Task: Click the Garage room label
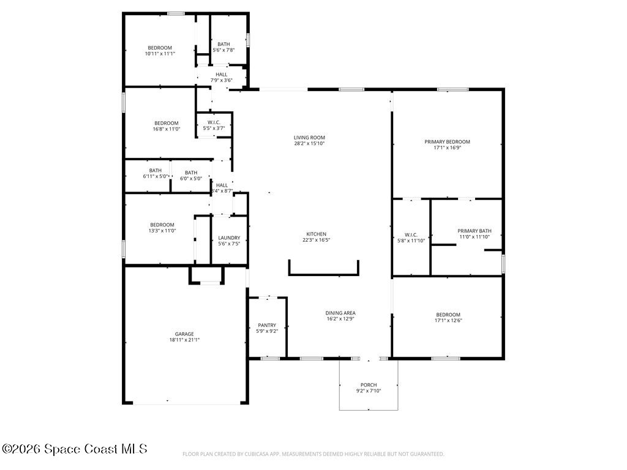pos(184,334)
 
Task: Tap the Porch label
pos(369,385)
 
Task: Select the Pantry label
pos(266,325)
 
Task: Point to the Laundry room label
pos(229,237)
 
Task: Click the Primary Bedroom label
pos(447,141)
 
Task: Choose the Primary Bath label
pos(475,231)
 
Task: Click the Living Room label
pos(309,138)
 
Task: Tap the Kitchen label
pos(317,234)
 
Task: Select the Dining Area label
pos(340,313)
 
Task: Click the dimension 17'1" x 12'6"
pos(448,320)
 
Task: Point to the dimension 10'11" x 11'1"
pos(160,54)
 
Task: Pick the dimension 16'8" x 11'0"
pos(166,129)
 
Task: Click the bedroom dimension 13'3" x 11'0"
pos(162,231)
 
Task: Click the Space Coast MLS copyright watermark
pos(75,449)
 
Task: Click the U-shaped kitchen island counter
pos(324,274)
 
